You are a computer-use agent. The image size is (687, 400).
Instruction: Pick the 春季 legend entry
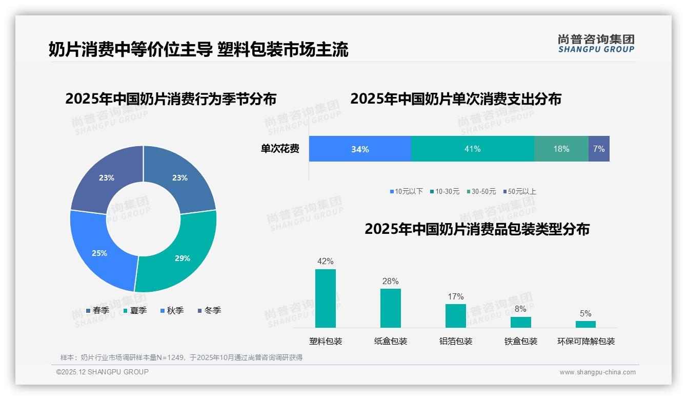(x=97, y=310)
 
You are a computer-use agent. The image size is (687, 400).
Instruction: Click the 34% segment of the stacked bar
(x=360, y=149)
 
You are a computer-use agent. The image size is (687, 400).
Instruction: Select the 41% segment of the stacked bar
(x=472, y=149)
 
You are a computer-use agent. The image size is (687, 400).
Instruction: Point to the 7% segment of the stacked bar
(x=599, y=149)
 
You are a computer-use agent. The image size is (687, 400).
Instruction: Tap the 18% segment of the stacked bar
(x=561, y=149)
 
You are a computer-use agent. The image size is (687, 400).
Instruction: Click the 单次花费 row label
(x=280, y=149)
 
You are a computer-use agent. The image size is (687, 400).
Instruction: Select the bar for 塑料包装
(x=325, y=298)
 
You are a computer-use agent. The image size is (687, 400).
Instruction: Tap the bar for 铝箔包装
(x=455, y=315)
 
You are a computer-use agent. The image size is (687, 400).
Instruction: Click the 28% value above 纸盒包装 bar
(x=390, y=281)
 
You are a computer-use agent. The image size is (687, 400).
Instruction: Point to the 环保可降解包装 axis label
(x=585, y=341)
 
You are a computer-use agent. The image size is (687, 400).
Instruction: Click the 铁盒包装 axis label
(x=520, y=341)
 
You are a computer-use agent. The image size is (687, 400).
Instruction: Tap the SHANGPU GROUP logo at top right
(x=596, y=44)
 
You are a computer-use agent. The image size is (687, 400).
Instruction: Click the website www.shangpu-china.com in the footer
(x=597, y=372)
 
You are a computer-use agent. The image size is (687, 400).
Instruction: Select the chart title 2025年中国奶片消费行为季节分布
(x=171, y=98)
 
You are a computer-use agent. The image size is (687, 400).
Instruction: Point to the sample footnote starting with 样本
(x=181, y=357)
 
